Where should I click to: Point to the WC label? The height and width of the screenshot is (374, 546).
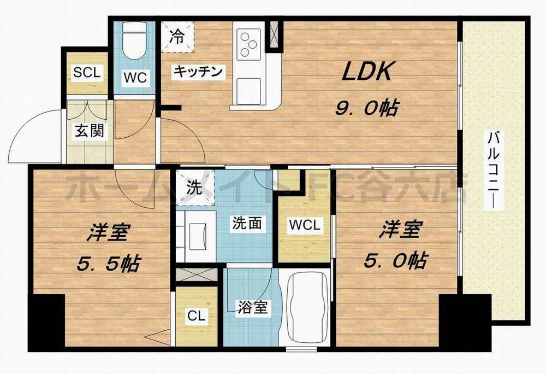134,78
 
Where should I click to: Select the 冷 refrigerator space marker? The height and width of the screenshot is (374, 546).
177,37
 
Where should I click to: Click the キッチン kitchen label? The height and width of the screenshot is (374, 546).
199,71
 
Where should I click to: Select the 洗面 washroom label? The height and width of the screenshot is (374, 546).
248,223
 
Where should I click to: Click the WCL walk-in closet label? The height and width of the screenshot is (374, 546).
305,224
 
